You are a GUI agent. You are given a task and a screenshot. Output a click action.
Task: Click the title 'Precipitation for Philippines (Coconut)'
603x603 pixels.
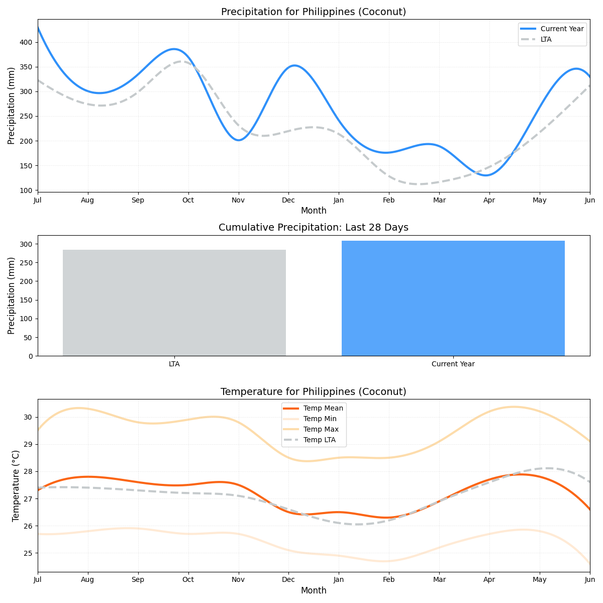313,12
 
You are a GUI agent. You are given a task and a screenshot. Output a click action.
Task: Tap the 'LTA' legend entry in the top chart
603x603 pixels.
546,39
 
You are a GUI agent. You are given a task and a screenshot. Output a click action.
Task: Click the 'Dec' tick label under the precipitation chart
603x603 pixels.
288,200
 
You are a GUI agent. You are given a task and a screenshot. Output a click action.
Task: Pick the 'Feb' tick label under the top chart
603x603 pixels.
388,200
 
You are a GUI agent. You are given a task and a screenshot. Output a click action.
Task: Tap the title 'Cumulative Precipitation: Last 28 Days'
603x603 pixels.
313,228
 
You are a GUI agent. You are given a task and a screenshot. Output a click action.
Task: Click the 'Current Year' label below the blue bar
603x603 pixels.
453,364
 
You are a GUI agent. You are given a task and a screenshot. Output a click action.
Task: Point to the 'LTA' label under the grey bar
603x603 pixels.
174,364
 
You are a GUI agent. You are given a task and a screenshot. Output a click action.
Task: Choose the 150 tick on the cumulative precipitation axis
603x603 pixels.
27,300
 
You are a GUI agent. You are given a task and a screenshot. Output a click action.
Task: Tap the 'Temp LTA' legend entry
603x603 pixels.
319,440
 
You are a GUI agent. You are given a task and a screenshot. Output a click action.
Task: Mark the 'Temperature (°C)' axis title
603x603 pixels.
16,485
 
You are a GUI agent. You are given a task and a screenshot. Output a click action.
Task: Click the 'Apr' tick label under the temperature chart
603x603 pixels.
489,580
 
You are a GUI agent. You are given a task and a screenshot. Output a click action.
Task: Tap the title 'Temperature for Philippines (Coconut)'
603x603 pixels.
313,391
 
